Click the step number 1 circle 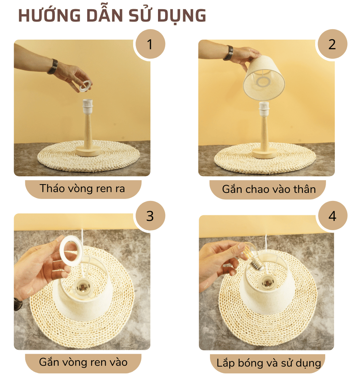coord(150,44)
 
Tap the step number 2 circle coord(332,44)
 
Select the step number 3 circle coord(150,216)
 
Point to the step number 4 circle coord(332,216)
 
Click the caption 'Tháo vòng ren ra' coord(83,189)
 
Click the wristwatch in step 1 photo coord(52,66)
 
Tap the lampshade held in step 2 coord(264,78)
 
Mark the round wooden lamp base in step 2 coord(264,153)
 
